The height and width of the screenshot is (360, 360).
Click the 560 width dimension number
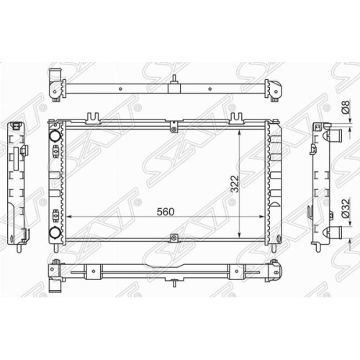[x=166, y=212]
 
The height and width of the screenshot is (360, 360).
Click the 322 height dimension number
[x=235, y=184]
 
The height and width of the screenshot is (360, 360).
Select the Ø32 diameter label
[x=346, y=208]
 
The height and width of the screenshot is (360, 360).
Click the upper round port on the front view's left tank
[x=55, y=135]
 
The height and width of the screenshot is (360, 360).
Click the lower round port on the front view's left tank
[x=54, y=233]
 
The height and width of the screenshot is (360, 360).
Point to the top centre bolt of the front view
[x=174, y=130]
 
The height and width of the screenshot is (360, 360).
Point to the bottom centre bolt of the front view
[x=174, y=238]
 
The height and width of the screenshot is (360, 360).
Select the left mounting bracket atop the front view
[x=93, y=118]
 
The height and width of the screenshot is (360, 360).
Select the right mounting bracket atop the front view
[x=238, y=118]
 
